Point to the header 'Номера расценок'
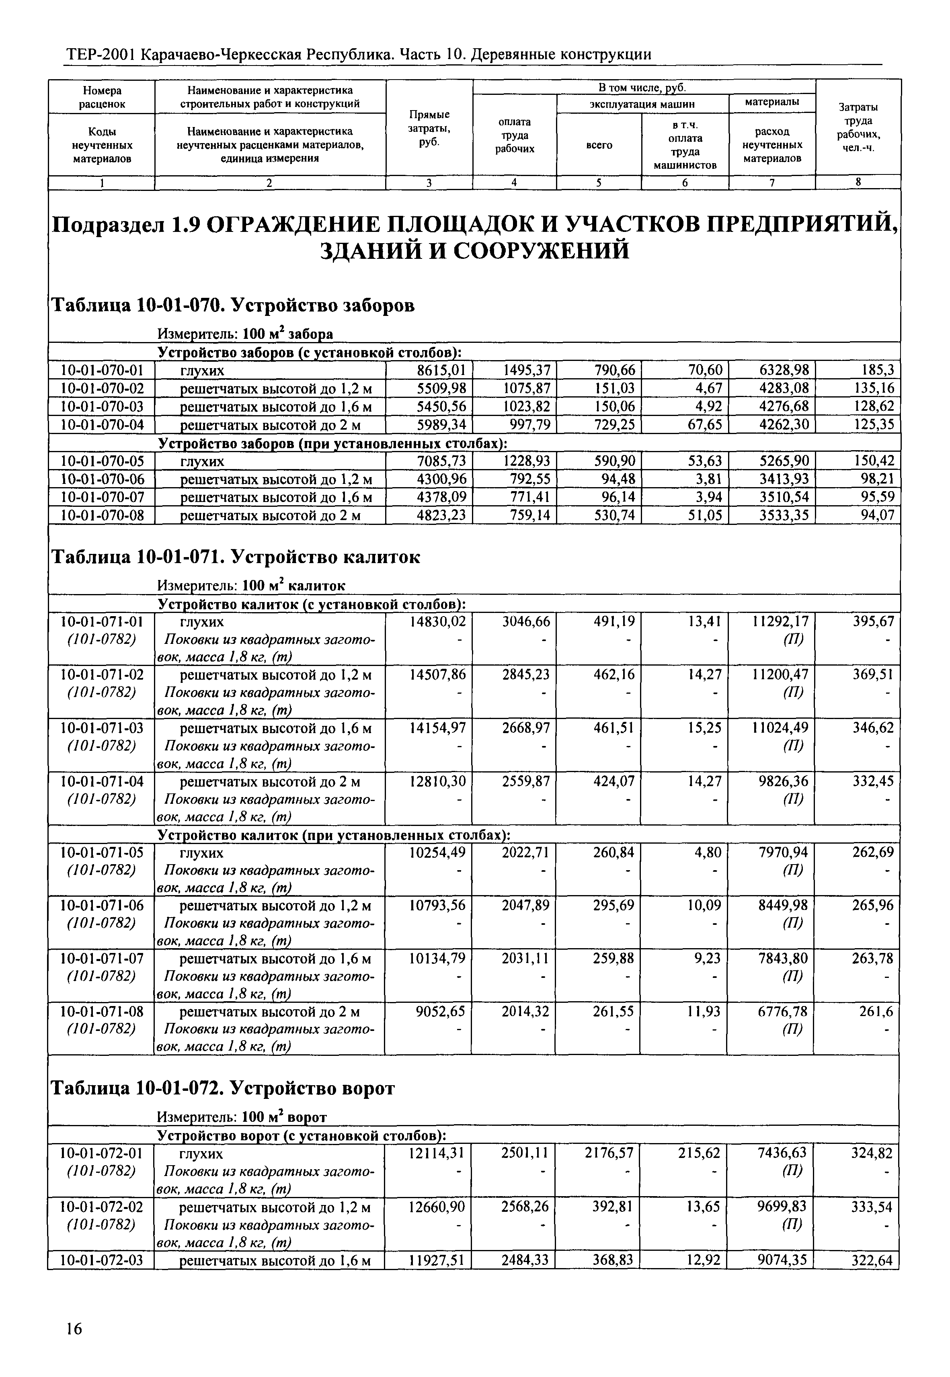102,97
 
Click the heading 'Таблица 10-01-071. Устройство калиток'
236,557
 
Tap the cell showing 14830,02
438,622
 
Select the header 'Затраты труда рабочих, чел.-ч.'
858,127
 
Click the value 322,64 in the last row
872,1260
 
